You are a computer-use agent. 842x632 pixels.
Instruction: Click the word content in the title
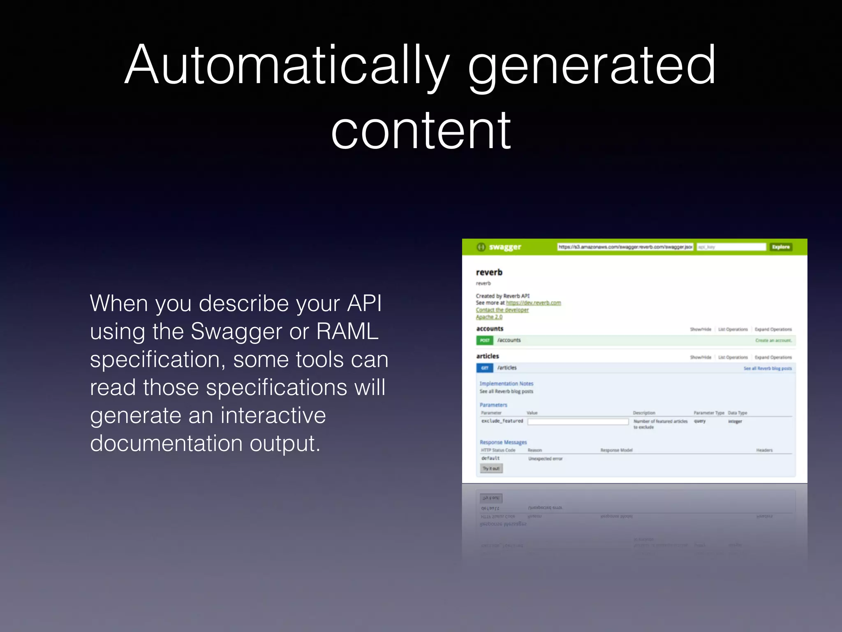[x=421, y=131]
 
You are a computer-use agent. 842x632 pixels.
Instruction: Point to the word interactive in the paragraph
[x=273, y=415]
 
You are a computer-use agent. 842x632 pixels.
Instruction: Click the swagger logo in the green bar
[x=499, y=247]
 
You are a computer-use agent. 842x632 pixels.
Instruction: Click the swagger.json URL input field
[x=625, y=247]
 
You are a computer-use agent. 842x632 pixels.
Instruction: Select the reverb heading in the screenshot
[x=489, y=272]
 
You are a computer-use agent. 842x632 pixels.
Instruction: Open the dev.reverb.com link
[x=533, y=303]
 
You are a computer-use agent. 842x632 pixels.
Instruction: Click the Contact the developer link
[x=502, y=310]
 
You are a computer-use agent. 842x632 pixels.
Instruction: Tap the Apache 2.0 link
[x=489, y=317]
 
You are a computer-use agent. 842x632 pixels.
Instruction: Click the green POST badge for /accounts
[x=485, y=340]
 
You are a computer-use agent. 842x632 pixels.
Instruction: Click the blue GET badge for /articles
[x=485, y=368]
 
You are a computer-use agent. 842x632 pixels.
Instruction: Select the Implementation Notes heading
[x=506, y=383]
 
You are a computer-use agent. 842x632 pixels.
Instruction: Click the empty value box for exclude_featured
[x=578, y=421]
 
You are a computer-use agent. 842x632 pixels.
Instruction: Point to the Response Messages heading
[x=503, y=442]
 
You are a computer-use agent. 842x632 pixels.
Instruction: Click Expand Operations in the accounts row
[x=773, y=329]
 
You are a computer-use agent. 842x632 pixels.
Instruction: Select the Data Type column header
[x=737, y=413]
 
